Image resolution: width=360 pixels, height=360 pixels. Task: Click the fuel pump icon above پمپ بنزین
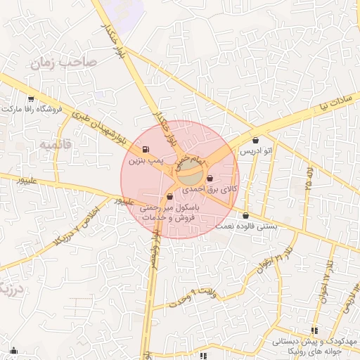click(x=145, y=149)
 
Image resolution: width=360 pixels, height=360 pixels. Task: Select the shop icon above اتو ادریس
click(x=256, y=140)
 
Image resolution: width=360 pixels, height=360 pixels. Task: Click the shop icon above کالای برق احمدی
click(x=210, y=178)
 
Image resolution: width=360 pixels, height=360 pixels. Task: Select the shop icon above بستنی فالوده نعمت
click(x=245, y=215)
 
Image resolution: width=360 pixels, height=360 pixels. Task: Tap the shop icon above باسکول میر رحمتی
click(x=169, y=197)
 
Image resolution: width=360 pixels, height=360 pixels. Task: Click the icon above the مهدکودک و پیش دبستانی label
click(x=314, y=330)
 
